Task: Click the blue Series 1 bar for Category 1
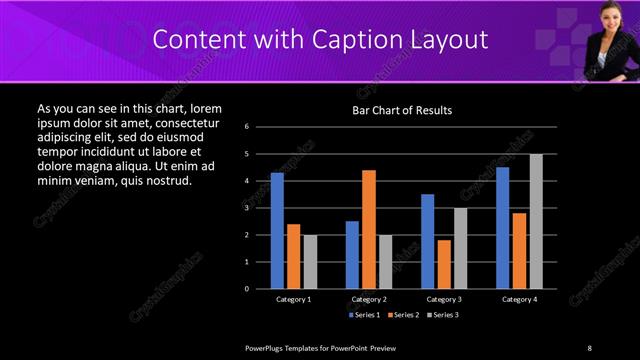tap(277, 231)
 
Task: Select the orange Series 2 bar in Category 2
tap(369, 229)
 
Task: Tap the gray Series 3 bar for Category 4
tap(536, 221)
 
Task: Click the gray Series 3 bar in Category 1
tap(310, 262)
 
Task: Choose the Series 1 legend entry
tap(364, 315)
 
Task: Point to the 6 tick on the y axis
tap(260, 127)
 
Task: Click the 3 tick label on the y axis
tap(260, 208)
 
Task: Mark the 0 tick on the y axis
tap(260, 289)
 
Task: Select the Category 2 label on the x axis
tap(369, 299)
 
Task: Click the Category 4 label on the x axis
tap(519, 299)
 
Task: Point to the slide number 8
tap(589, 348)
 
